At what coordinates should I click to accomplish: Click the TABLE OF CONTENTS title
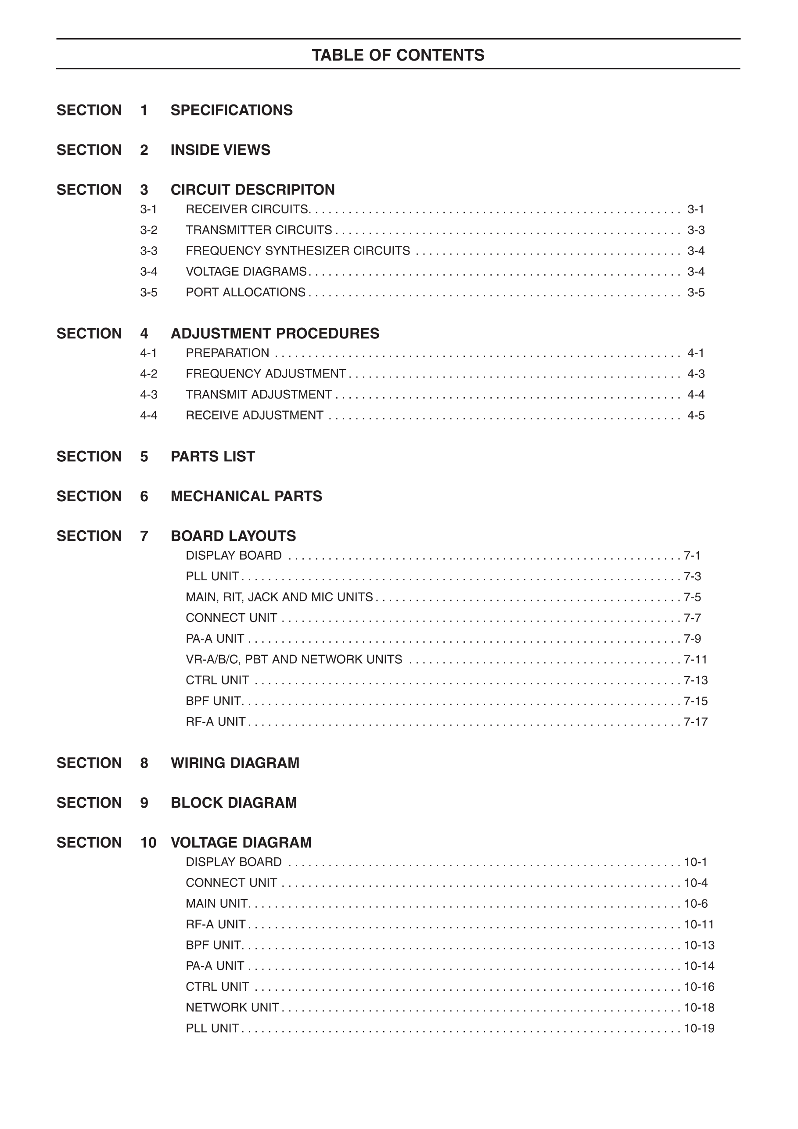click(x=398, y=55)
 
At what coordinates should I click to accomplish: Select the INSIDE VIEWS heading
click(x=220, y=150)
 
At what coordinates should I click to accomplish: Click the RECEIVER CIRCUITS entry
click(x=247, y=209)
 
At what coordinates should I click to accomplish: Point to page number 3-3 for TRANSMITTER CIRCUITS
click(x=696, y=230)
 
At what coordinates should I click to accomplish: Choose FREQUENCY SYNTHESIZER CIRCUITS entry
click(x=298, y=251)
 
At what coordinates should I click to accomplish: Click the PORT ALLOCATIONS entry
click(x=245, y=293)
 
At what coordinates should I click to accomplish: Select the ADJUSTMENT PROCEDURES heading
click(x=274, y=334)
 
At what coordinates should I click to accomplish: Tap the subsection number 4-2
click(x=148, y=374)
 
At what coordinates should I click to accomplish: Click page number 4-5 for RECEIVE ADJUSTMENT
click(x=696, y=416)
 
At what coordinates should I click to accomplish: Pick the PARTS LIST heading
click(x=212, y=457)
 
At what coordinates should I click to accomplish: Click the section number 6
click(x=144, y=496)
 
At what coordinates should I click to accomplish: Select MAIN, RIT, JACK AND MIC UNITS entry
click(x=279, y=597)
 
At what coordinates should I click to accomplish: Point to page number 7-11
click(x=695, y=659)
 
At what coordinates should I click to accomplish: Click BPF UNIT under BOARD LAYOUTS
click(x=213, y=701)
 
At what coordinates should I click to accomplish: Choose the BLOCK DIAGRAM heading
click(x=234, y=802)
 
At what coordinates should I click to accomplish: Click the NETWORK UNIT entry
click(x=232, y=1007)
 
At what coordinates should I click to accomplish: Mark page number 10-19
click(x=699, y=1028)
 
